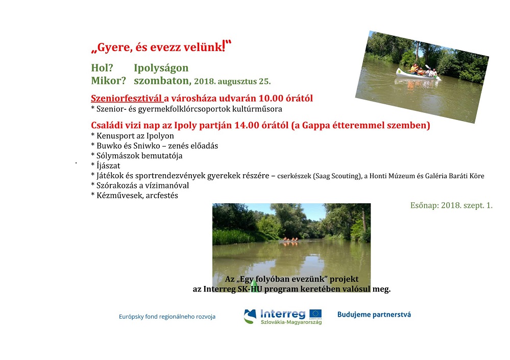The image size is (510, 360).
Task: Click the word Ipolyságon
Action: coord(161,68)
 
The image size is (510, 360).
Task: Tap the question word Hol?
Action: coord(102,67)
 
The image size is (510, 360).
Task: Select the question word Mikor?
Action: coord(108,81)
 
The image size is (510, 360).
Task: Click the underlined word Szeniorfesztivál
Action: coord(126,98)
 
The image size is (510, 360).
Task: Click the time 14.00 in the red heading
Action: coord(247,125)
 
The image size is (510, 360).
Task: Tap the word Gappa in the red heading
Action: coord(316,126)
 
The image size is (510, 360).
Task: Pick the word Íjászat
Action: coord(108,165)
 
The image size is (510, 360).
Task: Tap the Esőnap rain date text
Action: coord(451,205)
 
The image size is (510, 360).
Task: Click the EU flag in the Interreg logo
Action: coord(315,314)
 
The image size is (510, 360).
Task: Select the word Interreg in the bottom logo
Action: coord(283,314)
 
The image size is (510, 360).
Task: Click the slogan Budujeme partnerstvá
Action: coord(374,315)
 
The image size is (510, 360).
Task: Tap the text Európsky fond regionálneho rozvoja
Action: coord(167,317)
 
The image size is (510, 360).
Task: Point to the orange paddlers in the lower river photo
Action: coord(290,239)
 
